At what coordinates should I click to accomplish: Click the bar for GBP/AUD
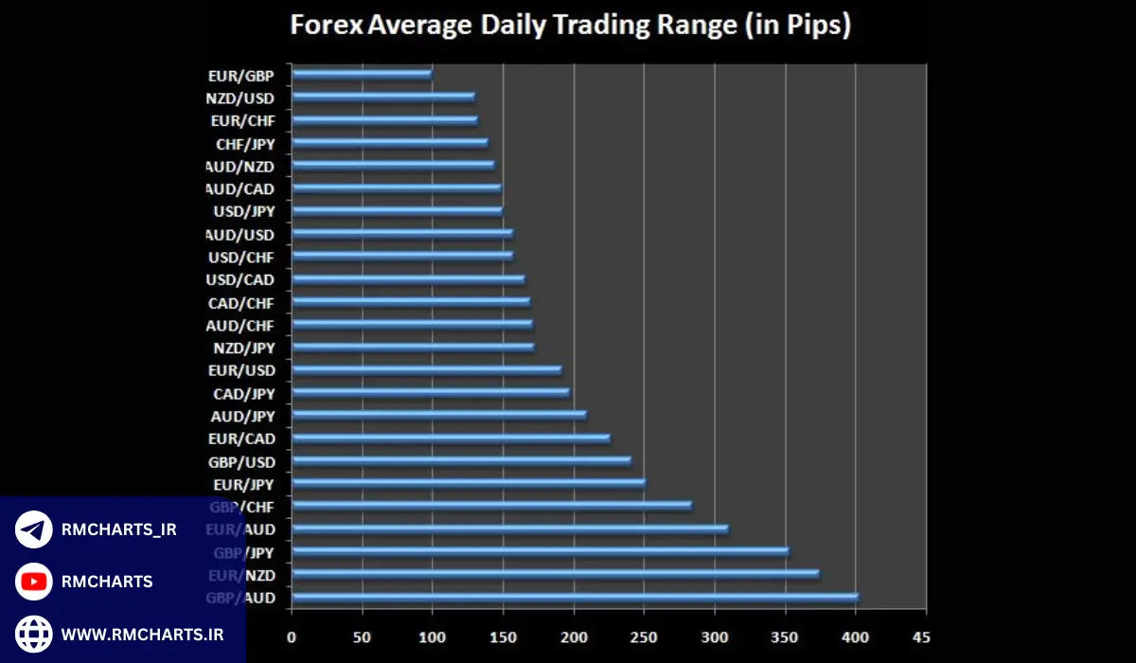pyautogui.click(x=575, y=597)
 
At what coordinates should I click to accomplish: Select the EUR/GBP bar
pyautogui.click(x=362, y=74)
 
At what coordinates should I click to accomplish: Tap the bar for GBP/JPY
pyautogui.click(x=540, y=551)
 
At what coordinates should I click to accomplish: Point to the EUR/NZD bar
pyautogui.click(x=556, y=574)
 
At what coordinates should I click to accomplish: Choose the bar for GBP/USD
pyautogui.click(x=461, y=461)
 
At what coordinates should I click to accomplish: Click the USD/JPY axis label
pyautogui.click(x=243, y=211)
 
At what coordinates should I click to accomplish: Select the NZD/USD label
pyautogui.click(x=240, y=98)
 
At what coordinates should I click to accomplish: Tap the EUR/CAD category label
pyautogui.click(x=241, y=439)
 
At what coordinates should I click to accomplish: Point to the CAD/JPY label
pyautogui.click(x=243, y=393)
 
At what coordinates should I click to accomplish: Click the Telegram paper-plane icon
pyautogui.click(x=34, y=529)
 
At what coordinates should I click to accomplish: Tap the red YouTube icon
pyautogui.click(x=34, y=582)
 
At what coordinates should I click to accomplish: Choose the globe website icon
pyautogui.click(x=34, y=634)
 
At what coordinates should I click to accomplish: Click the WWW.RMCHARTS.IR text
pyautogui.click(x=142, y=635)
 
